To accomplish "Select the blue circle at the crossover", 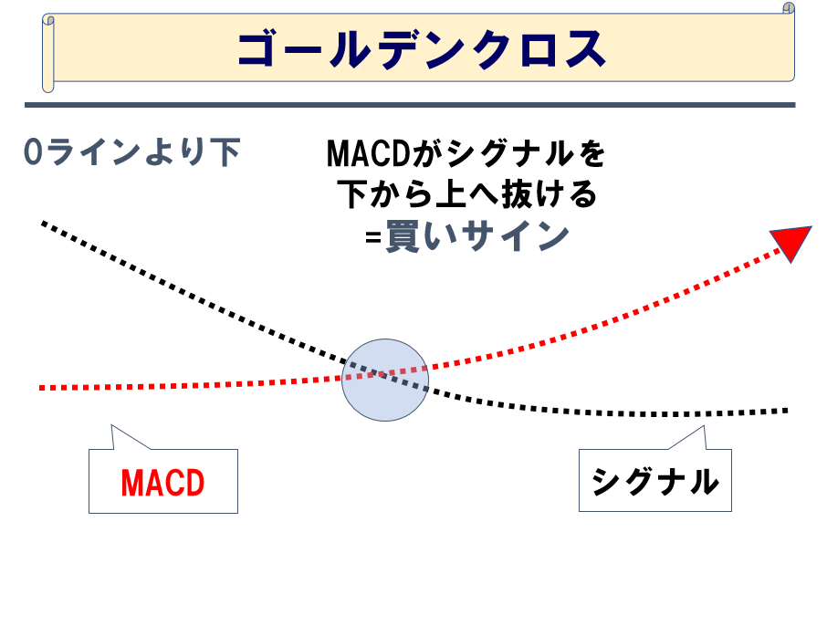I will (x=384, y=380).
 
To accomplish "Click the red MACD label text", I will (x=162, y=482).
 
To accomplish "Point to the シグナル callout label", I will (x=654, y=481).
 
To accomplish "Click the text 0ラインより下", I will (x=131, y=152).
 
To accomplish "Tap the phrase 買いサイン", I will (x=476, y=237).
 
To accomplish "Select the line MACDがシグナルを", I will (x=466, y=153).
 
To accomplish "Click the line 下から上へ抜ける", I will (x=466, y=194).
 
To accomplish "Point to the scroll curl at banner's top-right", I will (x=788, y=8).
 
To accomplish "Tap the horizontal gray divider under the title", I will (x=417, y=105).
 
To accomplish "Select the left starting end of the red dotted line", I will (x=42, y=388).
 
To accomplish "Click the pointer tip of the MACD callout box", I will (x=111, y=425).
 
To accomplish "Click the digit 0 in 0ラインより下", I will (x=33, y=152).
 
